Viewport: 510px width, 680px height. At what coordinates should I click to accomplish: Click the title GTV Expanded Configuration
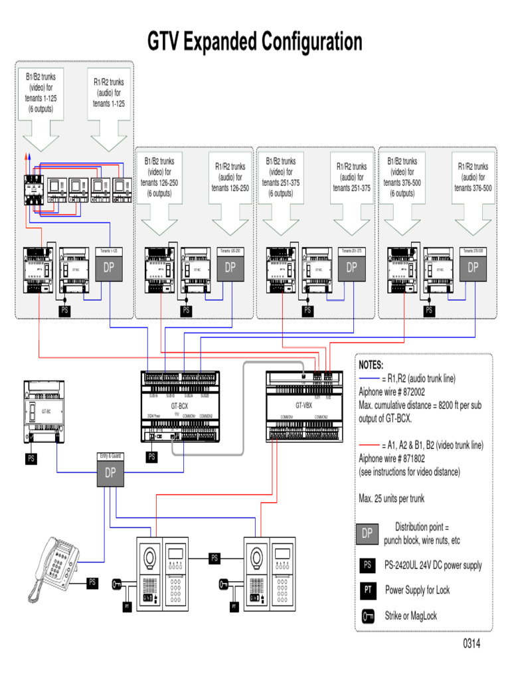point(255,42)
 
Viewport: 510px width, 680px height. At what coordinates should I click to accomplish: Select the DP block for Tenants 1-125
point(109,268)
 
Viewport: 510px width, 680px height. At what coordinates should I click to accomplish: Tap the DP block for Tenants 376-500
point(473,268)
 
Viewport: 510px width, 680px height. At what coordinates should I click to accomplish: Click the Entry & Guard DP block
point(109,473)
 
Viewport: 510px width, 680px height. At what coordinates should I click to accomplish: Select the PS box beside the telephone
point(92,582)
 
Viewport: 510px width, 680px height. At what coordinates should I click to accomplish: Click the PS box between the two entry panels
point(214,558)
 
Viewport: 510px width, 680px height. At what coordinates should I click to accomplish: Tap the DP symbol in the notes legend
point(367,533)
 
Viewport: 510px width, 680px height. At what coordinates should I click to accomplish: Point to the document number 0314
point(471,644)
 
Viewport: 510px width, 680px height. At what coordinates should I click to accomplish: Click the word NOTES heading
point(371,365)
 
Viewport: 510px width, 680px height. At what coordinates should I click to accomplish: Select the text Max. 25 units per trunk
point(391,499)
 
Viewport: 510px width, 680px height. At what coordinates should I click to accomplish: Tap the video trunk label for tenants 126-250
point(159,177)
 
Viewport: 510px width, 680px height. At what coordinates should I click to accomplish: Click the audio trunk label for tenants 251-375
point(351,177)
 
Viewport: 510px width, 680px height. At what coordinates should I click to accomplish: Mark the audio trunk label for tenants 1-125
point(109,93)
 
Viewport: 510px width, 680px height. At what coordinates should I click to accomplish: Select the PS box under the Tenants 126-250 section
point(186,310)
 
